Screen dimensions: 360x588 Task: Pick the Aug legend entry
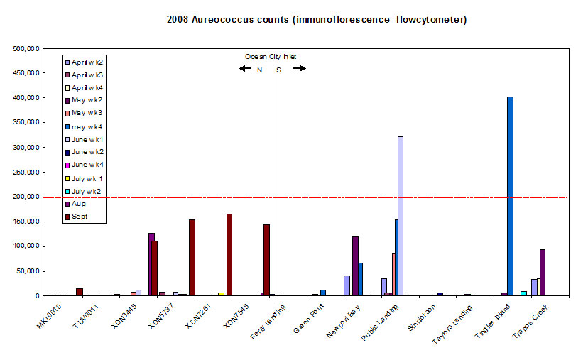[83, 204]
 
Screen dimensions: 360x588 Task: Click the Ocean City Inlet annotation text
[271, 57]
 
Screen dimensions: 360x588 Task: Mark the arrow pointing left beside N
[245, 69]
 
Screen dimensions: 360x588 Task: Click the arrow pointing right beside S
[299, 69]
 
